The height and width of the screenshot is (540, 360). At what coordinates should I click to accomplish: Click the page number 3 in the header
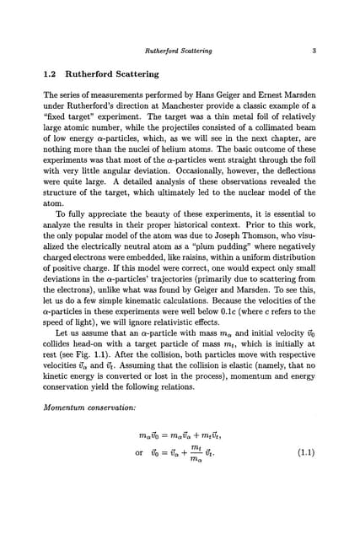point(313,51)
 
